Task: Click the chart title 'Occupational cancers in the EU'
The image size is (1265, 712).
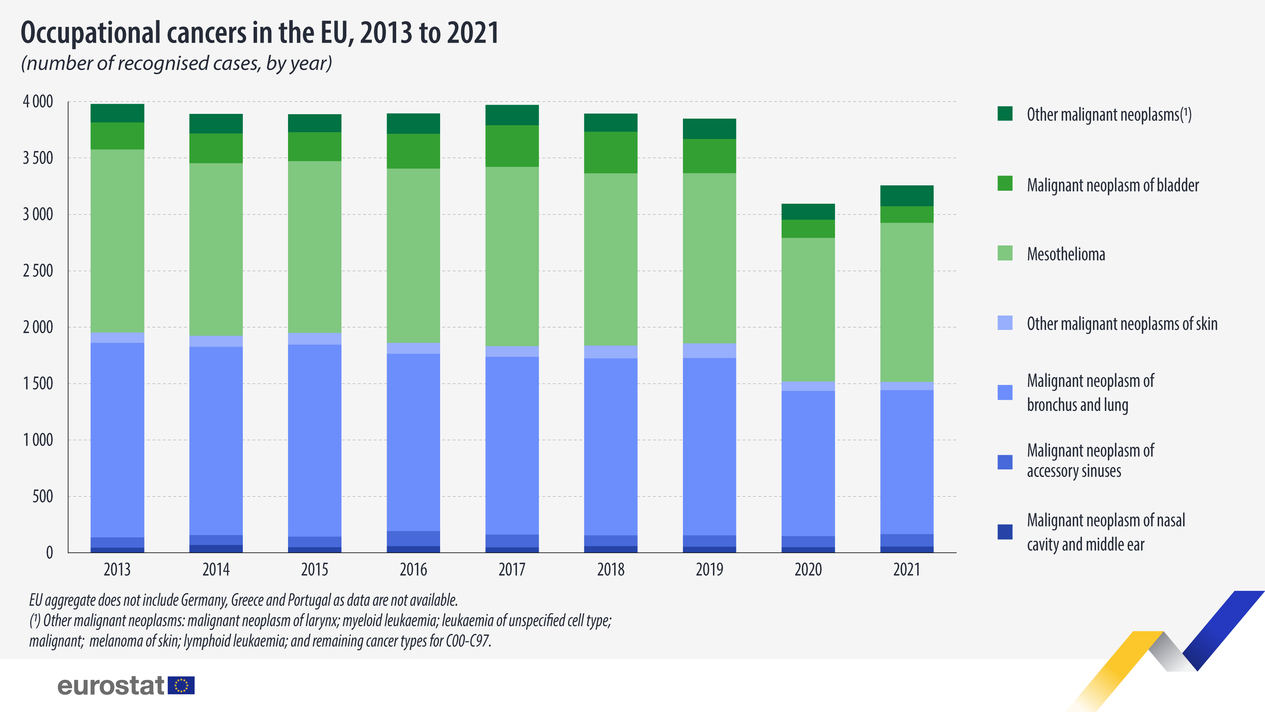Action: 259,34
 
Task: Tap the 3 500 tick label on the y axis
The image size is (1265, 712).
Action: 38,158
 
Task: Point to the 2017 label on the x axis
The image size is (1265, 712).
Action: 512,569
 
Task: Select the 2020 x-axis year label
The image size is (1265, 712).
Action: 808,569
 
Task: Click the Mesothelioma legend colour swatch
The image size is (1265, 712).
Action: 1005,253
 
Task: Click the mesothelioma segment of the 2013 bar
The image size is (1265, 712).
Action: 117,241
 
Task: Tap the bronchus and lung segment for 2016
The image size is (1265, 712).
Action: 414,442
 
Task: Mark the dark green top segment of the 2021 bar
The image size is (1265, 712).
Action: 906,195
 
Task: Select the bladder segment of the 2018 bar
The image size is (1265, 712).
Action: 611,152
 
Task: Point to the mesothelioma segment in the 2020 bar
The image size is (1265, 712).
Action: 808,310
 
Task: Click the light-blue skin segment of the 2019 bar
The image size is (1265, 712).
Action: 709,350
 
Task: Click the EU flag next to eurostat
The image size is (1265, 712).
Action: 181,685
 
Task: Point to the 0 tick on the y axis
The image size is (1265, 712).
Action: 49,553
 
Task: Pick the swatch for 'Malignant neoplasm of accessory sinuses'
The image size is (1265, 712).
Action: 1005,462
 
